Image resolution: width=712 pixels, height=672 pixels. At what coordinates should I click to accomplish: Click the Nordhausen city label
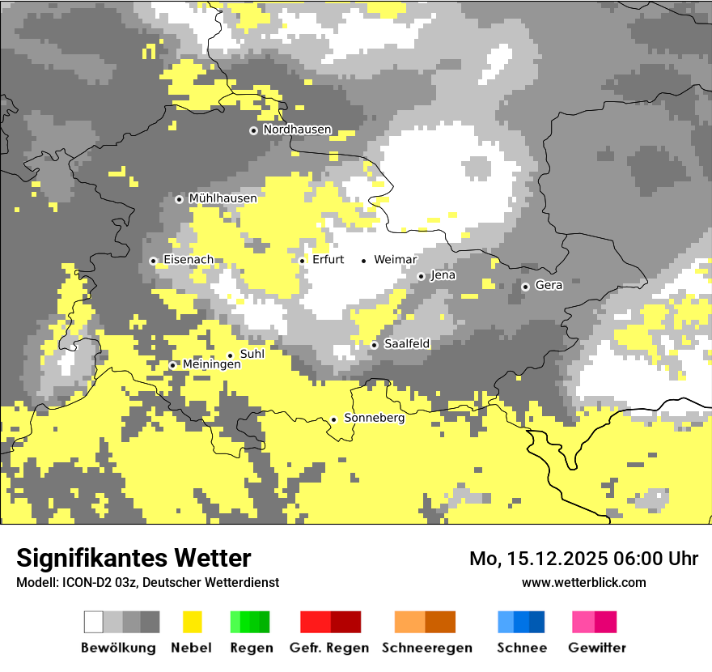coord(297,130)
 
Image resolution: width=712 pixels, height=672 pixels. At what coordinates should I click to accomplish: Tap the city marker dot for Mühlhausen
coord(180,199)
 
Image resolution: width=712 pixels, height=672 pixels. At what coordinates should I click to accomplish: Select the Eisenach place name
coord(189,260)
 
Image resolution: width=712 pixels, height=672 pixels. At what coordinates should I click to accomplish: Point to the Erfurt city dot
coord(303,261)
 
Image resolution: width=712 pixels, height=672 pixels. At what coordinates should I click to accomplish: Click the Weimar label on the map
coord(395,260)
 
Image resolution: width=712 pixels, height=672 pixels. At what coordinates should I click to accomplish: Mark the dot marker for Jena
coord(421,276)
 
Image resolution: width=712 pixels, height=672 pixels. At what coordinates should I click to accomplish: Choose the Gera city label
coord(549,286)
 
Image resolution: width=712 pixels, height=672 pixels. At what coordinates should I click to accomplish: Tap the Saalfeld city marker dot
coord(375,345)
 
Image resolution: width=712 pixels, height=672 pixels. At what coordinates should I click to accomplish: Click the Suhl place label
coord(252,354)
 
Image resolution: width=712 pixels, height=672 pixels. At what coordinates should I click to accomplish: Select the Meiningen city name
coord(211,365)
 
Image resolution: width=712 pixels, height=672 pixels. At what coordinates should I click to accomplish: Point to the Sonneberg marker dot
coord(334,419)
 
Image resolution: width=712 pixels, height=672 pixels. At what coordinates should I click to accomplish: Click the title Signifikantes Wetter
coord(133,558)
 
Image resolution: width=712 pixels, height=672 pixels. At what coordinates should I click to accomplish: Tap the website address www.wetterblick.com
coord(583,582)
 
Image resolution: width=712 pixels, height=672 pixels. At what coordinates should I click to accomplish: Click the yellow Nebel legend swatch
coord(192,622)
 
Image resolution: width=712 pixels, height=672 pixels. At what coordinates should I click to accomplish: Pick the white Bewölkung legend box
coord(94,622)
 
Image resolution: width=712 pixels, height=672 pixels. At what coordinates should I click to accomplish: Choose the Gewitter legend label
coord(596,648)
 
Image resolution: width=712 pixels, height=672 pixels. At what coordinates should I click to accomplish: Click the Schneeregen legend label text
coord(426,648)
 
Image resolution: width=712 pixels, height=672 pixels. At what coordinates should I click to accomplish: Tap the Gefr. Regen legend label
coord(328,648)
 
